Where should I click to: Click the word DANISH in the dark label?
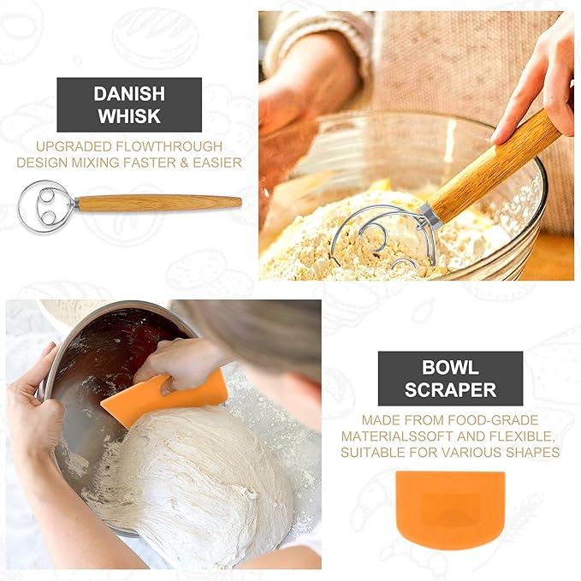point(129,93)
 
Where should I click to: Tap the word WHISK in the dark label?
point(129,116)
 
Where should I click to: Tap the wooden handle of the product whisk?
point(159,203)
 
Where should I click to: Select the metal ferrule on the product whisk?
point(76,204)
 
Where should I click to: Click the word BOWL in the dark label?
point(450,368)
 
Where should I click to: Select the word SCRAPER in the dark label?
point(450,390)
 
